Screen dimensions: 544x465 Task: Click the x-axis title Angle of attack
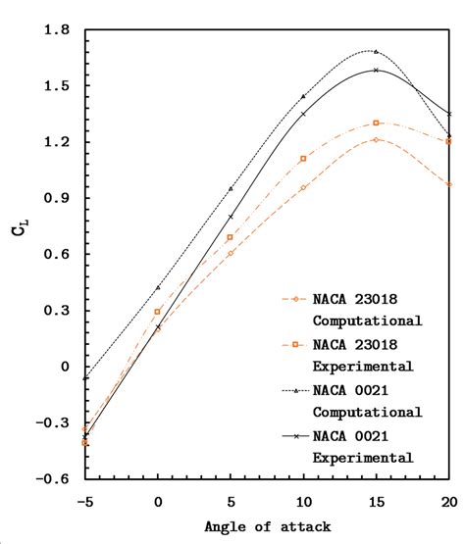268,526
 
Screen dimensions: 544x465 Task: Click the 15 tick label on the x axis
376,499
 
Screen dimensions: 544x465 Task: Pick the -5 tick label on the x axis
84,499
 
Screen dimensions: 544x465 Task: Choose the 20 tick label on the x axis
448,499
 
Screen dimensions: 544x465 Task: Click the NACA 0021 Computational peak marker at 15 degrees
376,51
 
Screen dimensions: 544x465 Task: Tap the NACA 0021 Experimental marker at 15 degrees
376,71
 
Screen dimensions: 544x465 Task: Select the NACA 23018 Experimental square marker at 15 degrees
376,124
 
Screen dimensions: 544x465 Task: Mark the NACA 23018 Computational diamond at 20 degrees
448,184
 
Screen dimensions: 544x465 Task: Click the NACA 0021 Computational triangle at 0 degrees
158,287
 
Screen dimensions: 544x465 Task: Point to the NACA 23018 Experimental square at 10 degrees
303,158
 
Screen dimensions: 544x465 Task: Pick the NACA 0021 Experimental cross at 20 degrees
448,114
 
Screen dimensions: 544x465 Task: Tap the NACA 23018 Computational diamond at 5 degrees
231,253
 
